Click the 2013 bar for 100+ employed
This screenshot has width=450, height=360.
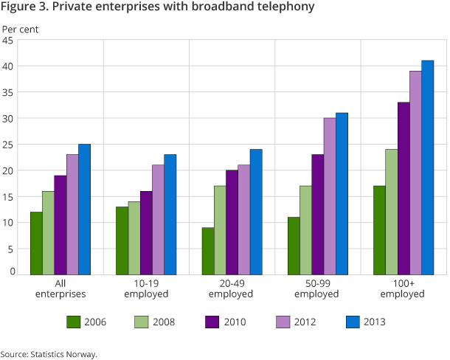click(428, 167)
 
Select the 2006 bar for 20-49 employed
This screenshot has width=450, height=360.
click(208, 251)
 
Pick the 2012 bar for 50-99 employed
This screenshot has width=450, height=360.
click(330, 196)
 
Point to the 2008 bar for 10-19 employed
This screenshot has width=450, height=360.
click(134, 238)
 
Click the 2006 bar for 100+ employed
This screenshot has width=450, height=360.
click(379, 230)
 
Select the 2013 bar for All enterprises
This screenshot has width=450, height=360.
click(85, 210)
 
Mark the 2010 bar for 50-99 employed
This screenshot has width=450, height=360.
click(318, 215)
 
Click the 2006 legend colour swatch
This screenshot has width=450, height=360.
click(74, 321)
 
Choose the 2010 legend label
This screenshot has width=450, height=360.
click(235, 321)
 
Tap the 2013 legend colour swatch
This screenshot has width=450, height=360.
click(351, 321)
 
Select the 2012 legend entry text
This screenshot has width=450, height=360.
click(305, 321)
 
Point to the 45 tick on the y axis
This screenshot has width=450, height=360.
click(9, 41)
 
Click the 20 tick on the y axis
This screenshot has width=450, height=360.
click(9, 170)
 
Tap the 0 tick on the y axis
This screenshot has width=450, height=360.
click(12, 271)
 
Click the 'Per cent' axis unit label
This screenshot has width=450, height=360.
click(20, 30)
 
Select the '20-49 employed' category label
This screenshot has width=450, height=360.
click(232, 288)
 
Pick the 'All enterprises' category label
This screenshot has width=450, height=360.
click(60, 288)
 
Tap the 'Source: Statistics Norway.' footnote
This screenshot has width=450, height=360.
click(49, 353)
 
